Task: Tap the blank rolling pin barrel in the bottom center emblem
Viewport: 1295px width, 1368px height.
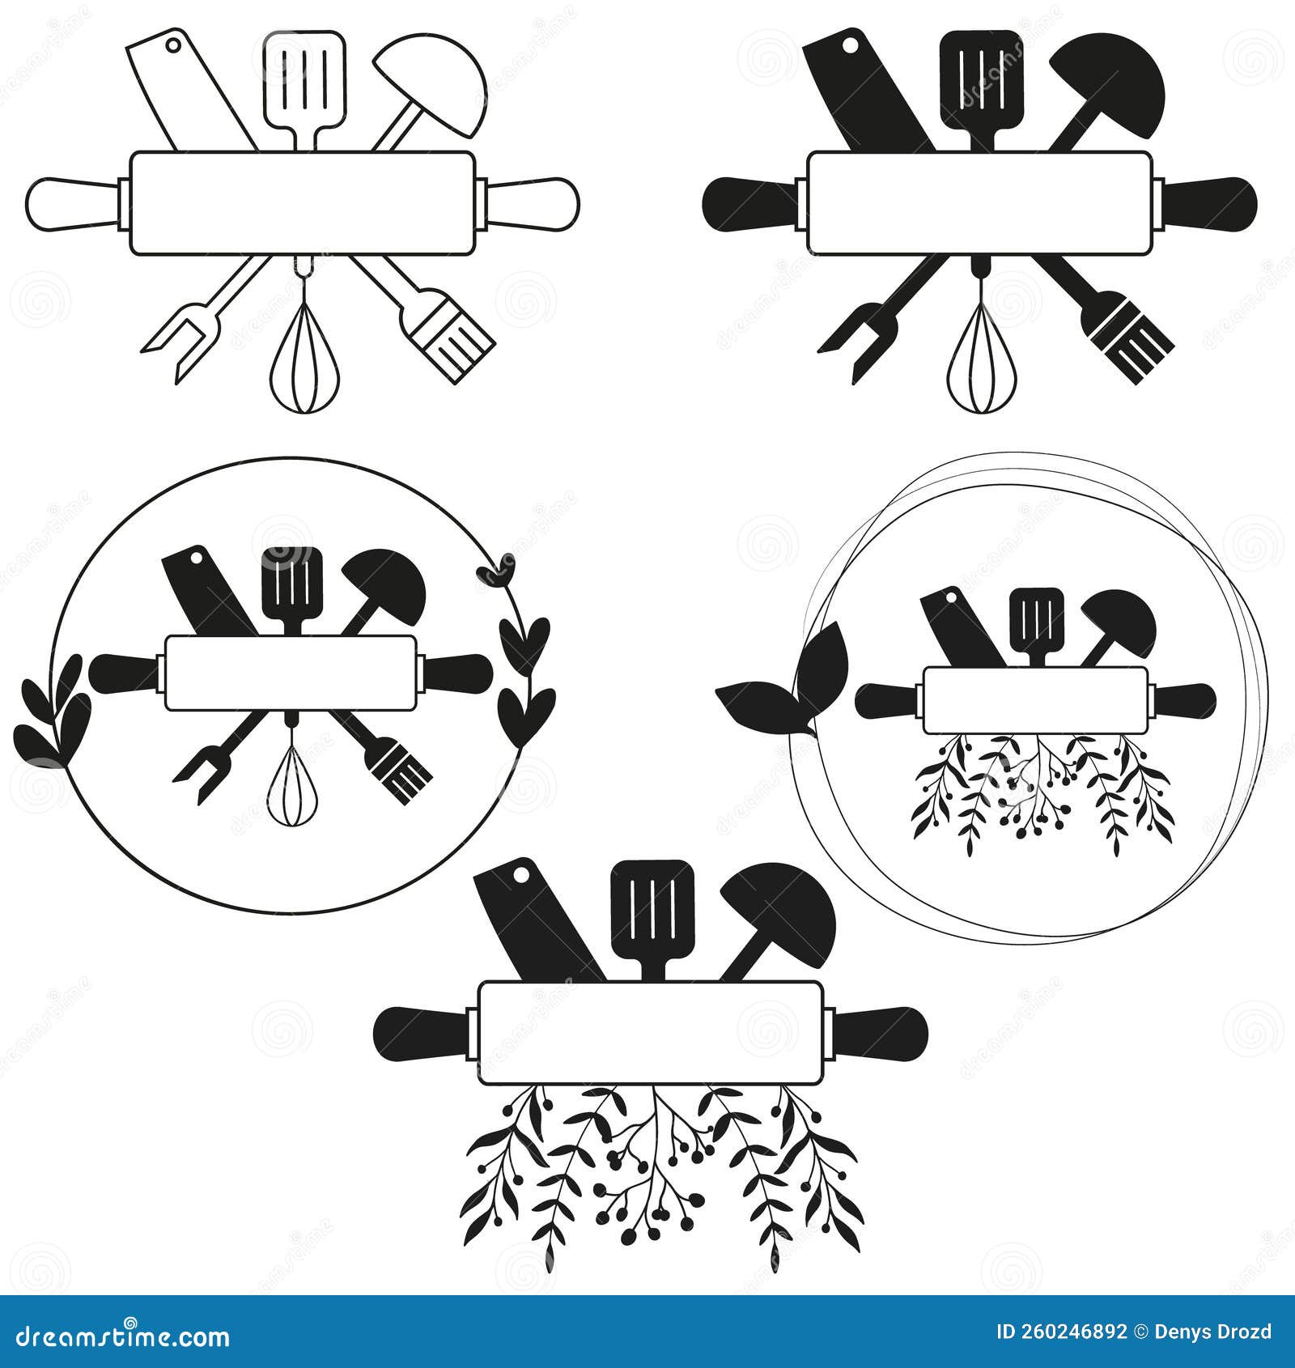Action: pos(650,1032)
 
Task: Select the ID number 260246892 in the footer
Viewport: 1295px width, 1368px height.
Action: pos(1081,1332)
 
